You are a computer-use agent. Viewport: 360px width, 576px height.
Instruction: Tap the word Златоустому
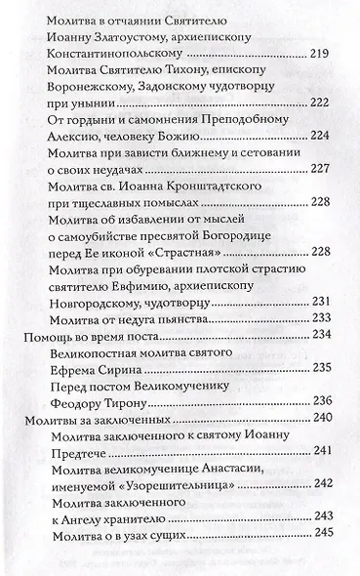118,33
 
